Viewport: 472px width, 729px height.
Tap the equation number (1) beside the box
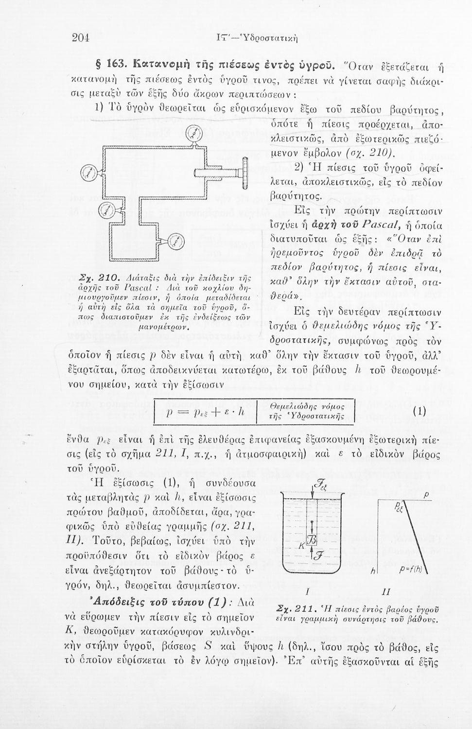tap(419, 411)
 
